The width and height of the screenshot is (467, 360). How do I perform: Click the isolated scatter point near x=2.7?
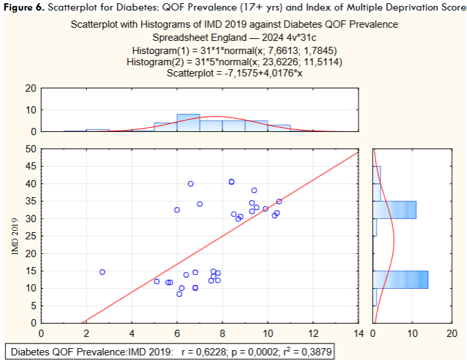pos(102,272)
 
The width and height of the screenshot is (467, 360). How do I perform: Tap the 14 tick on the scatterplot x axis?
pos(358,333)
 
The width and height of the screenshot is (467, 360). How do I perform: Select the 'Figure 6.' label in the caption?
pos(24,7)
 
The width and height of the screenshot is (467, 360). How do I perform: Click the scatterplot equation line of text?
pos(234,74)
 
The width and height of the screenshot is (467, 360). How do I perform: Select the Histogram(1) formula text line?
pos(234,51)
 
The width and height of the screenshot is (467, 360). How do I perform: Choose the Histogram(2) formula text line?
pos(234,62)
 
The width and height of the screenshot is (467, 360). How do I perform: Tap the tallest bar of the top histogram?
pos(188,123)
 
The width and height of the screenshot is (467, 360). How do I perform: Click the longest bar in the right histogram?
pos(400,279)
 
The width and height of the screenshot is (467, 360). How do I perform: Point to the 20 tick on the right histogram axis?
pos(451,333)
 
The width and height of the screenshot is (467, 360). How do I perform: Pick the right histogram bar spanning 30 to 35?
pos(394,210)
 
